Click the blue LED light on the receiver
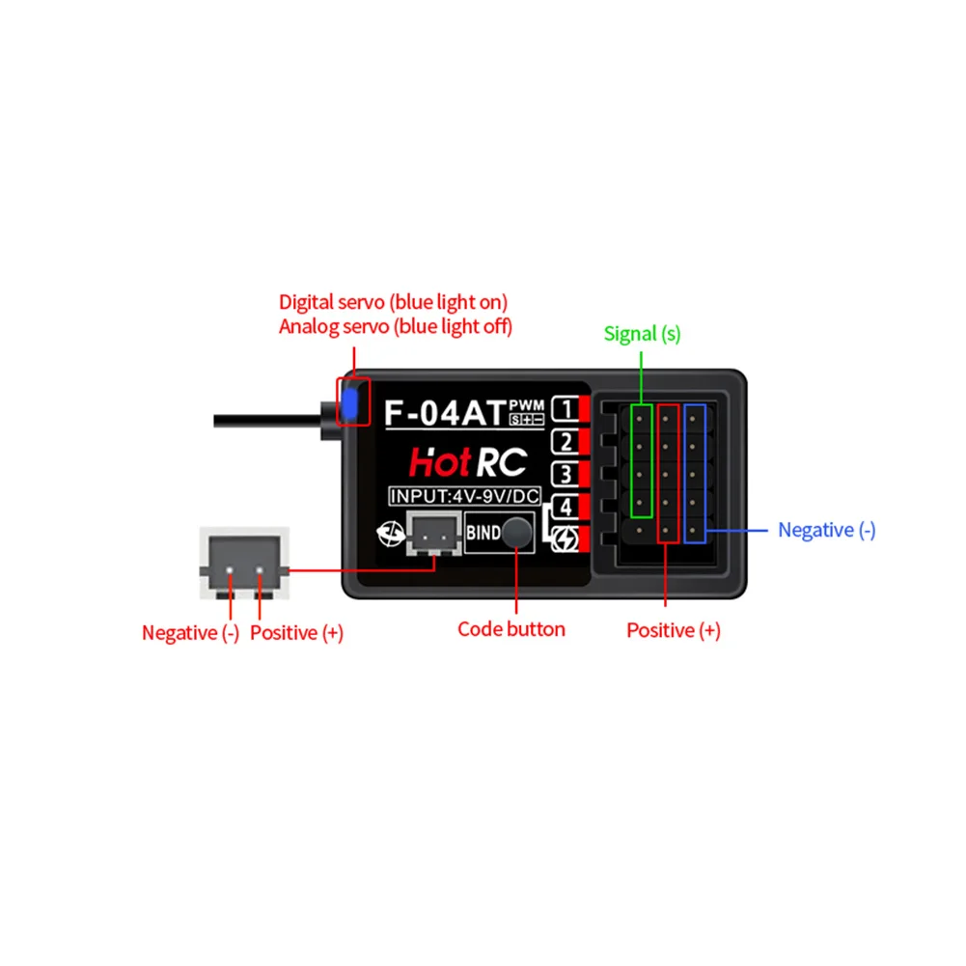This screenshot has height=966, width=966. point(350,403)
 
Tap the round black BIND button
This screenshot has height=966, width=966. point(518,532)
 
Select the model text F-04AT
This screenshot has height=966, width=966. point(445,412)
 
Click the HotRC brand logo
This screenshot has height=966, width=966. point(467,462)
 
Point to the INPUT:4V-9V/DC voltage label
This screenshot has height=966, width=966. point(464,497)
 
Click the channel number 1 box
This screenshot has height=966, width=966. point(564,410)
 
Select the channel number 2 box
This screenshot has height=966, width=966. point(564,442)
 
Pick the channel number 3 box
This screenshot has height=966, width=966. point(564,474)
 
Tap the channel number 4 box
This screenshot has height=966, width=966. point(564,506)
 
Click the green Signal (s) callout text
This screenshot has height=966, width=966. point(642,334)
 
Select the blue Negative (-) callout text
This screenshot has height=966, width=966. point(827,530)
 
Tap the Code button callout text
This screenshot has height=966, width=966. point(511,629)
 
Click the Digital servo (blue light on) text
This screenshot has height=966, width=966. point(394,301)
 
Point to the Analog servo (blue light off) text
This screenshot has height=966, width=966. point(396,326)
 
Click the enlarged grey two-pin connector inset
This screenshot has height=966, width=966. point(243,564)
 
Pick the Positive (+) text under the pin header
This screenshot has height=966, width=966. point(674,630)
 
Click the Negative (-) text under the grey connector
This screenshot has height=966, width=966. point(190,633)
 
